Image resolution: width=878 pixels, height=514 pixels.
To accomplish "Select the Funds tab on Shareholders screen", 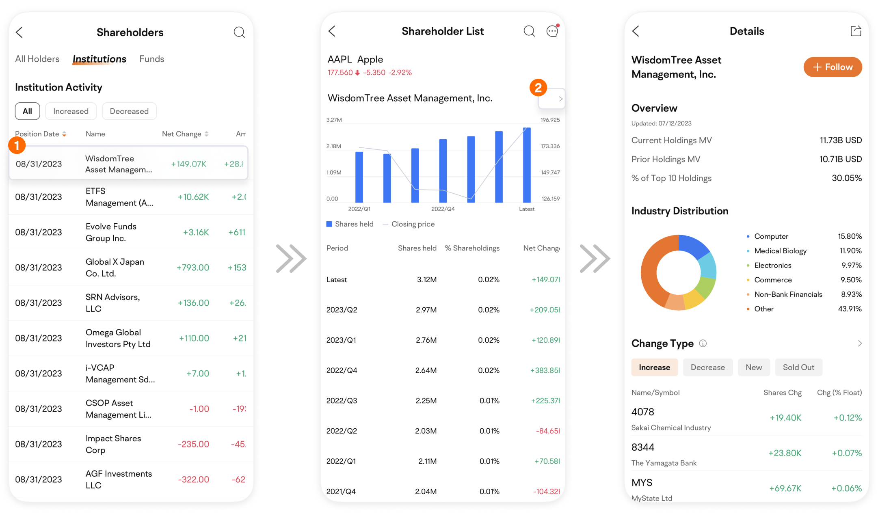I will [151, 59].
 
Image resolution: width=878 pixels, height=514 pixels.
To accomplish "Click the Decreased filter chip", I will [129, 111].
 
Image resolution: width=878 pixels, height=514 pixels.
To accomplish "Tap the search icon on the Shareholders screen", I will [239, 32].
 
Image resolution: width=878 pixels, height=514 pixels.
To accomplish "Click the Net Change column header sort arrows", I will [207, 134].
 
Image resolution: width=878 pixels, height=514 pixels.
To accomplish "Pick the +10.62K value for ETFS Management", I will [193, 197].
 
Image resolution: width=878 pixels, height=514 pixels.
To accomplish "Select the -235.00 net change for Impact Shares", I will [193, 444].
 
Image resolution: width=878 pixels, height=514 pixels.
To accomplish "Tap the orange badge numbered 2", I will [538, 88].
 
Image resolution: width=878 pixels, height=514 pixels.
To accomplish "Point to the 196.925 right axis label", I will [550, 120].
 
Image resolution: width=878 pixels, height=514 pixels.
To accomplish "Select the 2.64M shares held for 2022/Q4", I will [426, 370].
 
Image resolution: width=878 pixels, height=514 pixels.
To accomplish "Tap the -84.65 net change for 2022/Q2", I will [547, 431].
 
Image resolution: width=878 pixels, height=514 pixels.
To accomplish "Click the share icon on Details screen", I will [856, 31].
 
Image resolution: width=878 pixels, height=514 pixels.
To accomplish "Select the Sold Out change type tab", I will [798, 367].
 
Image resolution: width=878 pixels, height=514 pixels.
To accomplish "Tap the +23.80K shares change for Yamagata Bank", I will [785, 453].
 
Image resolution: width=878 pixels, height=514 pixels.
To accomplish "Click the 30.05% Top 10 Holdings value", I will [846, 178].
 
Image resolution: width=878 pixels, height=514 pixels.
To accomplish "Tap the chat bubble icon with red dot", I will [552, 31].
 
